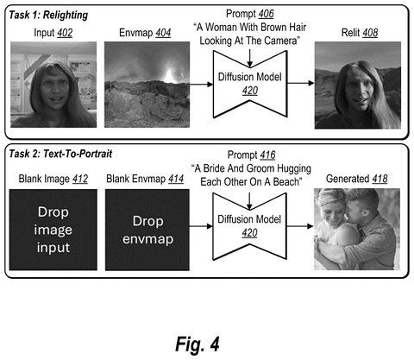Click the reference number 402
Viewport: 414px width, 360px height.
coord(65,33)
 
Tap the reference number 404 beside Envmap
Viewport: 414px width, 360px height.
coord(163,33)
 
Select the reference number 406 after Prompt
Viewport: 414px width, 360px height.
coord(266,14)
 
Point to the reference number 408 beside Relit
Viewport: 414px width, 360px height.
coord(370,33)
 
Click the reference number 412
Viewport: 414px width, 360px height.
coord(80,179)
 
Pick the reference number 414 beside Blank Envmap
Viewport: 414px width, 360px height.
coord(176,179)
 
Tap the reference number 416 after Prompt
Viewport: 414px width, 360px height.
coord(267,155)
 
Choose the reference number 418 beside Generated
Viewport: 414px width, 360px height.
coord(379,179)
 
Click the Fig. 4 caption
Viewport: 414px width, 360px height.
coord(198,344)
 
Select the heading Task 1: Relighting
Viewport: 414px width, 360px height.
coord(48,15)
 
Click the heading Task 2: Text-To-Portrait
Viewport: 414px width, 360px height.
coord(60,154)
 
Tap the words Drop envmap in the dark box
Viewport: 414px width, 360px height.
coord(147,230)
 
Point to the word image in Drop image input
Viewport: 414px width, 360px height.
coord(53,231)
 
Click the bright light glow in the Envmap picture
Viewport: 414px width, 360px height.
coord(170,76)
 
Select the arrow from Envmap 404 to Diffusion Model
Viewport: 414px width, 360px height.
coord(201,85)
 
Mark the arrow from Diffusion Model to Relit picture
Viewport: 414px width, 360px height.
coord(301,83)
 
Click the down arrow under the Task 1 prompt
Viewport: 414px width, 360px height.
coord(250,58)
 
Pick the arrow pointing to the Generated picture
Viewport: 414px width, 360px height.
coord(300,226)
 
